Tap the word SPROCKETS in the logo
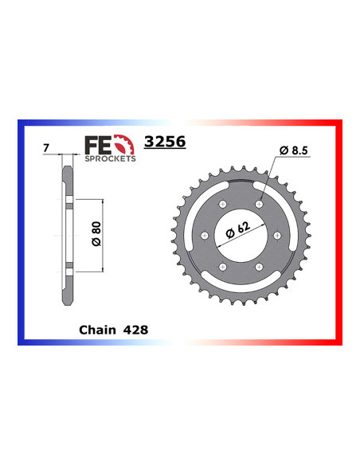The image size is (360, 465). point(109,158)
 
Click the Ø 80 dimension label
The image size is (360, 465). point(96,236)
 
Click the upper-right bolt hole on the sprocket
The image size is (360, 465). point(259,206)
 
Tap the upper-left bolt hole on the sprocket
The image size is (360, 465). point(224,206)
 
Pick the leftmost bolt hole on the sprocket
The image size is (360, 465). point(206,236)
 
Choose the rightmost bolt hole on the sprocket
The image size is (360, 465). point(276,236)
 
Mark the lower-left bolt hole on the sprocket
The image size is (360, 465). point(224,267)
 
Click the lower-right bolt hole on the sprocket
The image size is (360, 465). point(259,267)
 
